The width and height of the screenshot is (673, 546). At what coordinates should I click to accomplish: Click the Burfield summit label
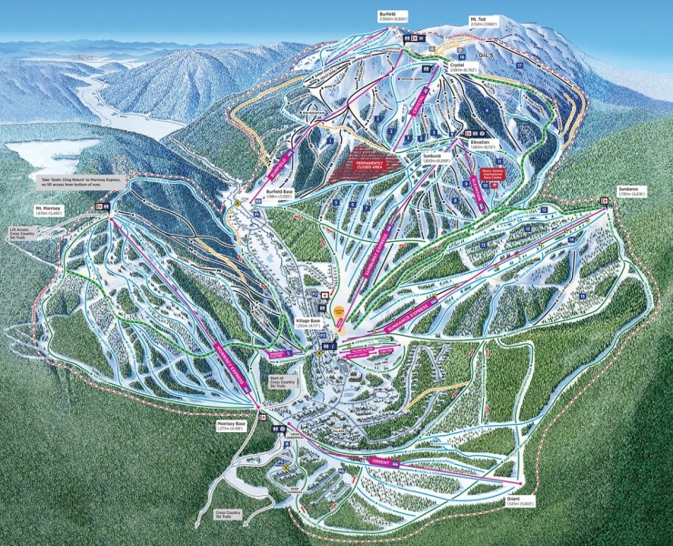[x=389, y=17]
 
